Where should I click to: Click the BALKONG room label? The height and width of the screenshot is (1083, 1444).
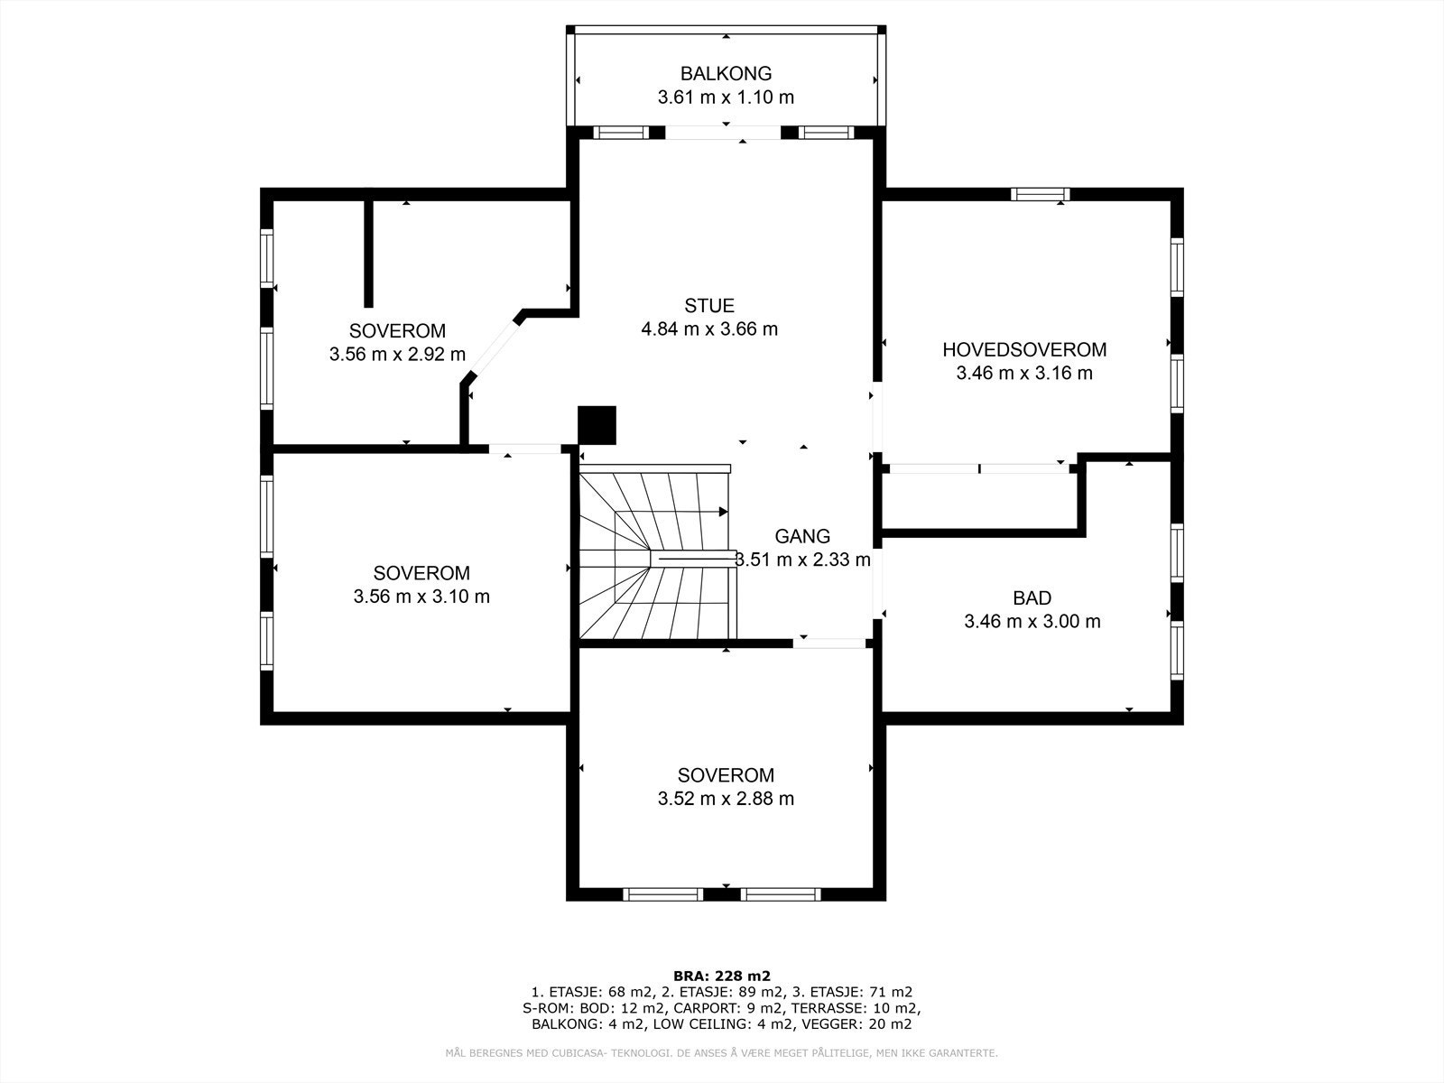tap(726, 74)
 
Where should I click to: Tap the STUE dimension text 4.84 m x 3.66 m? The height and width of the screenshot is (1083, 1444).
tap(708, 329)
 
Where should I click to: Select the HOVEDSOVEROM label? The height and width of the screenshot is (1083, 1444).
tap(1024, 349)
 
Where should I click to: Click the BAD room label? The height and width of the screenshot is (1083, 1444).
tap(1032, 597)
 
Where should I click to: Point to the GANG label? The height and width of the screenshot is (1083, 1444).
tap(802, 536)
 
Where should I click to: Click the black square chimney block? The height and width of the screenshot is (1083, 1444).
tap(597, 425)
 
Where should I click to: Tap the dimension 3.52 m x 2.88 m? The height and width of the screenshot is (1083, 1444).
tap(726, 799)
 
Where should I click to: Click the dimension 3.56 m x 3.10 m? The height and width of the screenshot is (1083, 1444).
tap(421, 597)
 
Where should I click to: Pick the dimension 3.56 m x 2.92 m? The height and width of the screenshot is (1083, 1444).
tap(397, 355)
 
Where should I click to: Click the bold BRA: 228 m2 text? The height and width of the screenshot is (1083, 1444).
tap(722, 976)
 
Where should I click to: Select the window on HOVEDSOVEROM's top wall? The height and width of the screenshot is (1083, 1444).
tap(1040, 194)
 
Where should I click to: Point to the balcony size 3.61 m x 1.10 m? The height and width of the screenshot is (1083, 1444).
tap(726, 97)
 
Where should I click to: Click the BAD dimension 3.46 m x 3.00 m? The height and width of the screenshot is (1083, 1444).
tap(1032, 621)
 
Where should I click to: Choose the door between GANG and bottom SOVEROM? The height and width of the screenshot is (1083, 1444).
tap(829, 643)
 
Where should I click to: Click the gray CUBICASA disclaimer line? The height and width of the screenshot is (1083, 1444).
tap(722, 1053)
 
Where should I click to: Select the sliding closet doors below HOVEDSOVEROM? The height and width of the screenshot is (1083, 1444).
tap(978, 468)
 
